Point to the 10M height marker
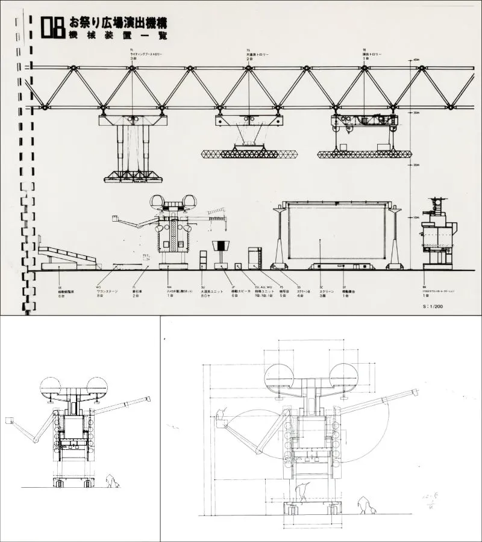click(416, 217)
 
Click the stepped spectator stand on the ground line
click(66, 258)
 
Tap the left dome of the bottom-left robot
click(50, 385)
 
